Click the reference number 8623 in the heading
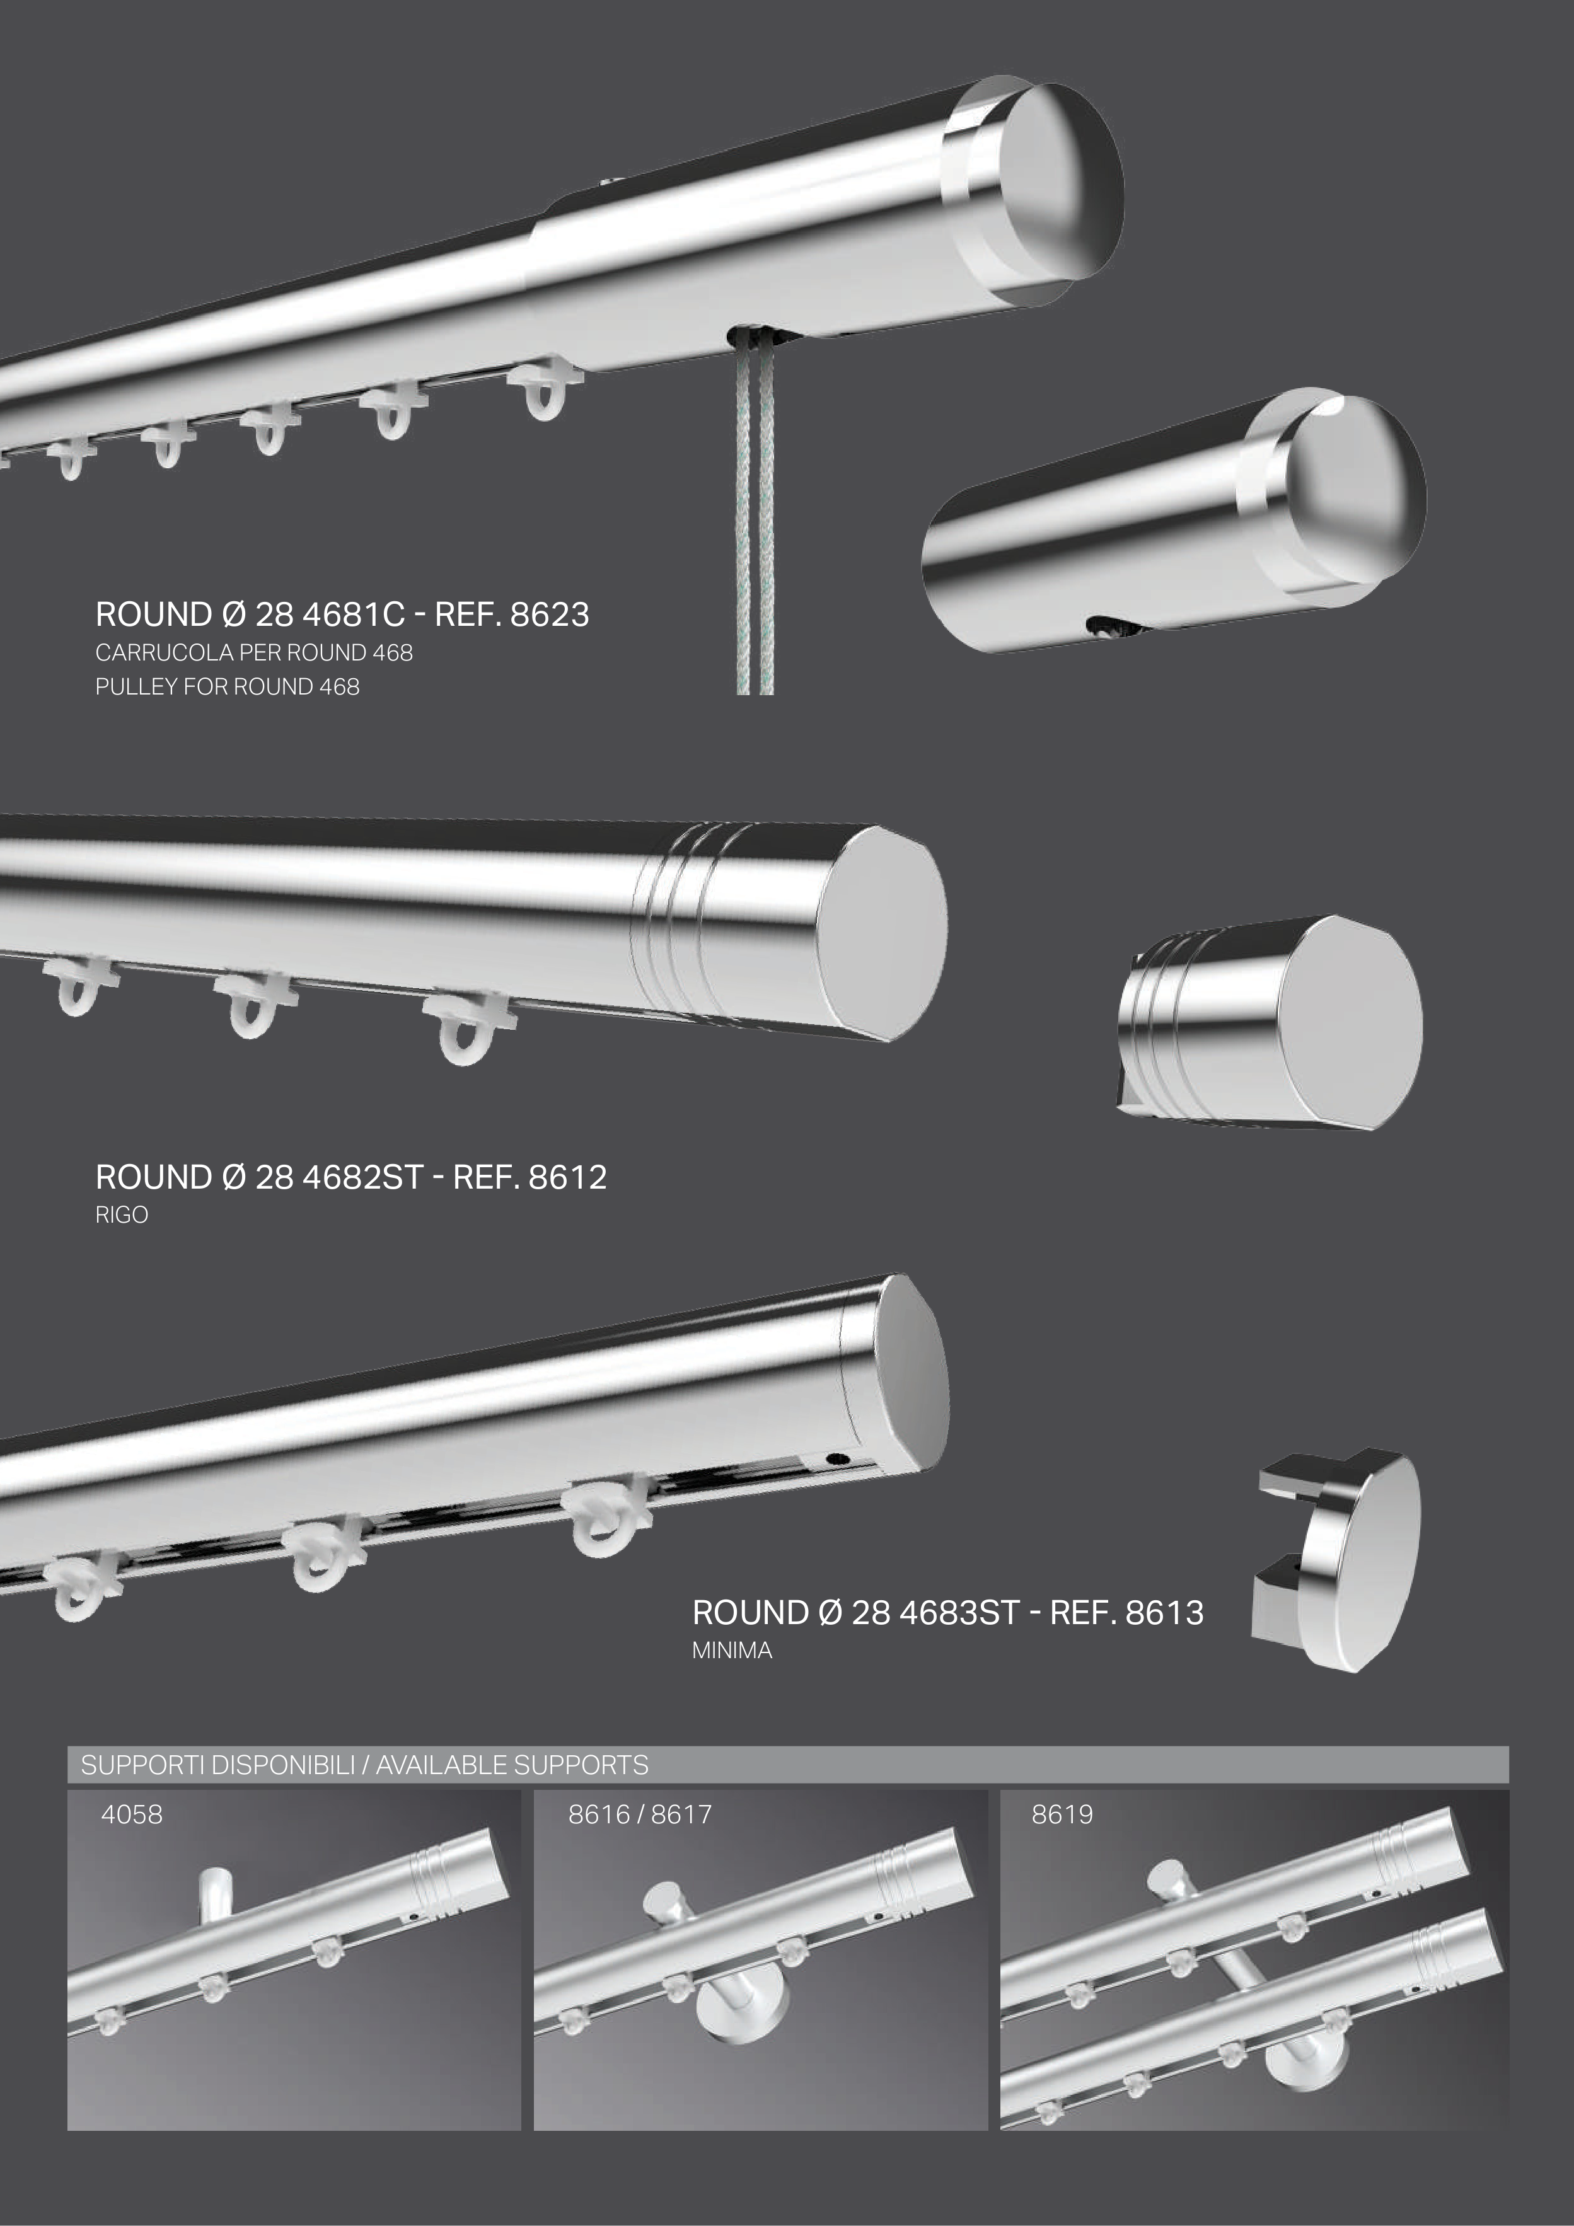(549, 614)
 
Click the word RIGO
(121, 1216)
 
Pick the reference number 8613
(1165, 1613)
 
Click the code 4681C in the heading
(354, 614)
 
